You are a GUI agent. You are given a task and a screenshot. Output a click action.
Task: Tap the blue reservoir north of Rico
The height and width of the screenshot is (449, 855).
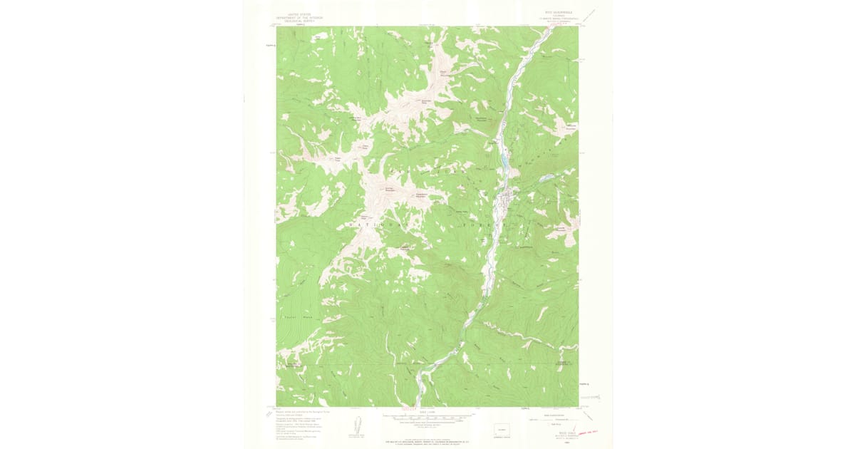click(504, 162)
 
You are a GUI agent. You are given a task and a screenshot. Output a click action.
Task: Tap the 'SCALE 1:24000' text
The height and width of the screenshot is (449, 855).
click(427, 411)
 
